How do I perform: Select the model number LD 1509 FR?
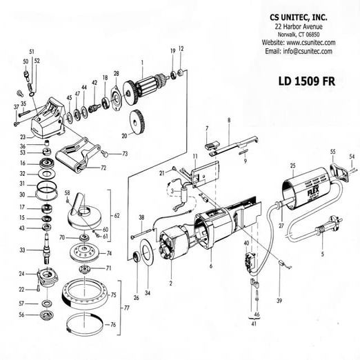306,79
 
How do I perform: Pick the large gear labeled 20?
135,121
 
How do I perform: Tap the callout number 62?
116,216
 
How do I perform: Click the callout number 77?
125,308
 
